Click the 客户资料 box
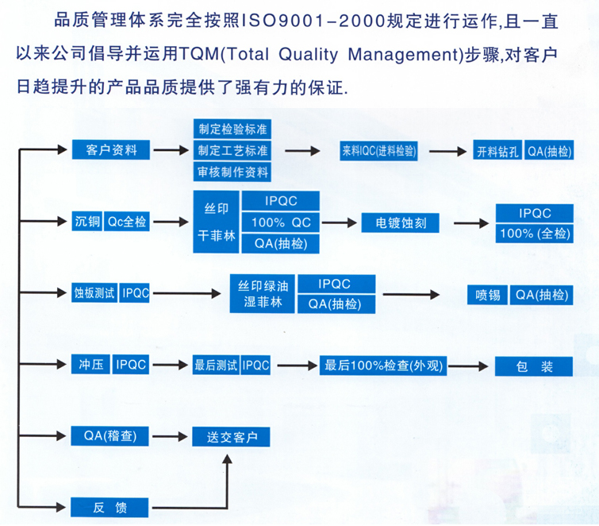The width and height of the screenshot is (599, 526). (x=111, y=149)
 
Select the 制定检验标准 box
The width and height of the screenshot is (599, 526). (x=232, y=130)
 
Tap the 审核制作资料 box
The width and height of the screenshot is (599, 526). (x=232, y=172)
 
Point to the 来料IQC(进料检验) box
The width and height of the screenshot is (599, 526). (x=378, y=151)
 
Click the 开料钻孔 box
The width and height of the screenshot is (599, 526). (x=497, y=152)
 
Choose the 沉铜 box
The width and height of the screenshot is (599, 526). (x=87, y=221)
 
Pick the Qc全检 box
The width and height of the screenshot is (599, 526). (x=127, y=221)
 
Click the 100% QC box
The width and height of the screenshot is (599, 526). (x=281, y=222)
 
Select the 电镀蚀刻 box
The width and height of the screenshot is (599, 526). (x=401, y=222)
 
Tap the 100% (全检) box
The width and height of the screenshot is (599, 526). (x=535, y=234)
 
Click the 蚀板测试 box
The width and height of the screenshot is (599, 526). (x=94, y=293)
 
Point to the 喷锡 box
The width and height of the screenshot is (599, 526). (x=488, y=295)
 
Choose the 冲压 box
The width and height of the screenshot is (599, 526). (x=91, y=364)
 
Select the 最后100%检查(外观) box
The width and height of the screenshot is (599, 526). (x=383, y=365)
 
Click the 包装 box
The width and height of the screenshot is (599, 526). (x=534, y=366)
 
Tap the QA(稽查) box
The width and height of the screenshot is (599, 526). (x=109, y=435)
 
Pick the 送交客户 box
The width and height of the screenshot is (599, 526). (x=231, y=437)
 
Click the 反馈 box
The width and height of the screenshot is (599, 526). (x=109, y=508)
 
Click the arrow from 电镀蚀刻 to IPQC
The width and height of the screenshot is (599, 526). (x=471, y=223)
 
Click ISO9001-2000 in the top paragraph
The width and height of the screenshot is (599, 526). (x=313, y=21)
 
